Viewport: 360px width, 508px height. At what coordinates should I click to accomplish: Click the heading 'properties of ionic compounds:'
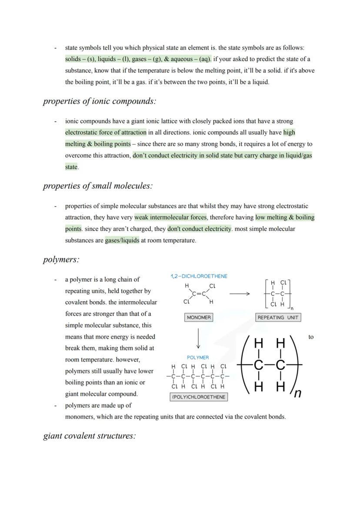[99, 101]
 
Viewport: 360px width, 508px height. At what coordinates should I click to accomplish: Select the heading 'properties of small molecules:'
[98, 186]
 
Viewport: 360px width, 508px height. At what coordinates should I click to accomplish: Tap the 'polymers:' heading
[61, 259]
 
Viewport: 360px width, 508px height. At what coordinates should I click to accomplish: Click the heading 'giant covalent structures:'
[89, 436]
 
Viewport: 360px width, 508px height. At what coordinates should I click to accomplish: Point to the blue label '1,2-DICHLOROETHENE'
[199, 276]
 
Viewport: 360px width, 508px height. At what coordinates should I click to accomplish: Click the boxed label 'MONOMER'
[199, 318]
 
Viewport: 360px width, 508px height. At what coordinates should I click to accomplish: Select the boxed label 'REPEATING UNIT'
[278, 318]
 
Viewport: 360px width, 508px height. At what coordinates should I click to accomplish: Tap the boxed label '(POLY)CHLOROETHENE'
[199, 397]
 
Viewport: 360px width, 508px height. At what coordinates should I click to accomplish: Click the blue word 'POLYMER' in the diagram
[198, 357]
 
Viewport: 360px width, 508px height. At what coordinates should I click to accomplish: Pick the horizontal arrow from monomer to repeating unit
[240, 294]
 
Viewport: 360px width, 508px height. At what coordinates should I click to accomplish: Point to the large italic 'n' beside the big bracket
[297, 393]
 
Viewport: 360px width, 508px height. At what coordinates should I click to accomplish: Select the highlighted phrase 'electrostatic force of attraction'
[106, 133]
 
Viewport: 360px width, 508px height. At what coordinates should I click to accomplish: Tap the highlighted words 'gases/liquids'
[122, 240]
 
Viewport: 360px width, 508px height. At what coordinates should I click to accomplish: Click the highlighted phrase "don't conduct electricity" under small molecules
[200, 229]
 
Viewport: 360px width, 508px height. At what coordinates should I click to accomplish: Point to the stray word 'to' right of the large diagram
[310, 337]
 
